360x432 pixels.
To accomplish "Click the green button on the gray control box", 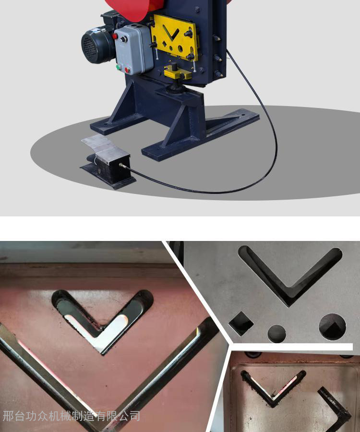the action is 119,67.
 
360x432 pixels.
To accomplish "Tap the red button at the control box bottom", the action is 127,70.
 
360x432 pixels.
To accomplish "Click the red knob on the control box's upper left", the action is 115,36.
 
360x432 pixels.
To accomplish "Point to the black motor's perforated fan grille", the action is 89,46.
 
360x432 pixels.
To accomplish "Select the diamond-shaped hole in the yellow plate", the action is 165,44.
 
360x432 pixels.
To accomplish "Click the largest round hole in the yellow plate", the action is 180,49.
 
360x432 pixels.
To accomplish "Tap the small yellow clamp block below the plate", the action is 178,73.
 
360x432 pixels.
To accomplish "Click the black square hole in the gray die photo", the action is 241,324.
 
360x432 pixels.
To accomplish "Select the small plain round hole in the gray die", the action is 276,334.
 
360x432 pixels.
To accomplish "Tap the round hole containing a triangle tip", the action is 332,326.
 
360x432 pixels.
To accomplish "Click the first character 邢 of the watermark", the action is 8,416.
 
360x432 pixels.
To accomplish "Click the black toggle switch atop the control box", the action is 124,39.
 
